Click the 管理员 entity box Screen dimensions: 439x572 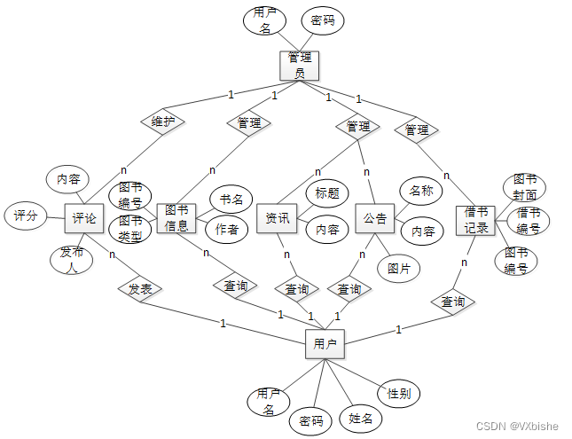click(x=299, y=66)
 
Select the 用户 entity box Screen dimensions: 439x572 click(x=325, y=343)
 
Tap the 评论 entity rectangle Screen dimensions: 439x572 click(x=84, y=218)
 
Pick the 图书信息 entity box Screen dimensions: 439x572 click(x=176, y=217)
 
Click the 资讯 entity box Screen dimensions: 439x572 click(x=277, y=218)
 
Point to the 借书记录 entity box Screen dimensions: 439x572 click(x=476, y=221)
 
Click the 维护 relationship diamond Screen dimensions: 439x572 click(x=162, y=122)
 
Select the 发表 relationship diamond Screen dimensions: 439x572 click(x=139, y=289)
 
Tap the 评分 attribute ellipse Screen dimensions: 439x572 click(x=26, y=215)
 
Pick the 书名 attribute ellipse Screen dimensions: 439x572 click(x=231, y=198)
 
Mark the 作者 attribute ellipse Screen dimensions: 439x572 click(x=226, y=231)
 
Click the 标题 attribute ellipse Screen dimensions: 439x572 click(x=326, y=192)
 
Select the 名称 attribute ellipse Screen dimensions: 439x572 click(x=420, y=190)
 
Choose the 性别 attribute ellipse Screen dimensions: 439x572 click(x=398, y=393)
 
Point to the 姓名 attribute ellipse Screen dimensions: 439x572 click(x=360, y=417)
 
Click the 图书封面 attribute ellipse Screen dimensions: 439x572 click(x=523, y=187)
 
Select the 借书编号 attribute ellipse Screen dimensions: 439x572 click(x=529, y=221)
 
